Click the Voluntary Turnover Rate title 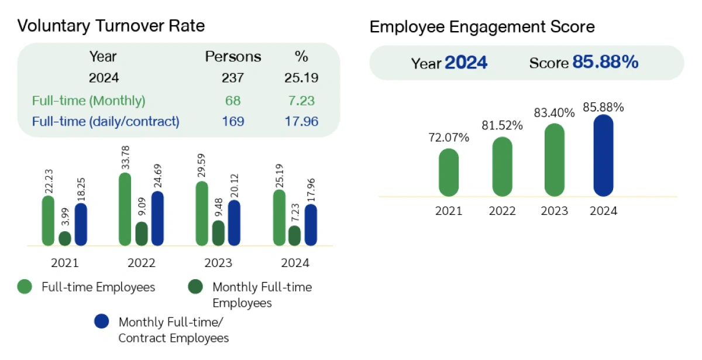pos(111,26)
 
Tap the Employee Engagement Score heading pos(482,27)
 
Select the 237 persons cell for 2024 pos(233,78)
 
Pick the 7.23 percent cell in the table pos(301,101)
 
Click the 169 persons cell pos(233,122)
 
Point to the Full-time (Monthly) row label pos(88,101)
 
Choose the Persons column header pos(233,57)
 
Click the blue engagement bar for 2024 pos(603,156)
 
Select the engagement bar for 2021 pos(449,172)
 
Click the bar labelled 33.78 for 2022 pos(125,210)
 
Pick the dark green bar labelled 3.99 pos(65,239)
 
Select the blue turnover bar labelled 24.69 pos(157,219)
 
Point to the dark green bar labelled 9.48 pos(218,233)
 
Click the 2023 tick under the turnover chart pos(218,263)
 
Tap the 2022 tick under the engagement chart pos(502,211)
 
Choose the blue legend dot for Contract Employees pos(101,321)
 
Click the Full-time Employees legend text pos(98,287)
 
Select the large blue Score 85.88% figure pos(605,63)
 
